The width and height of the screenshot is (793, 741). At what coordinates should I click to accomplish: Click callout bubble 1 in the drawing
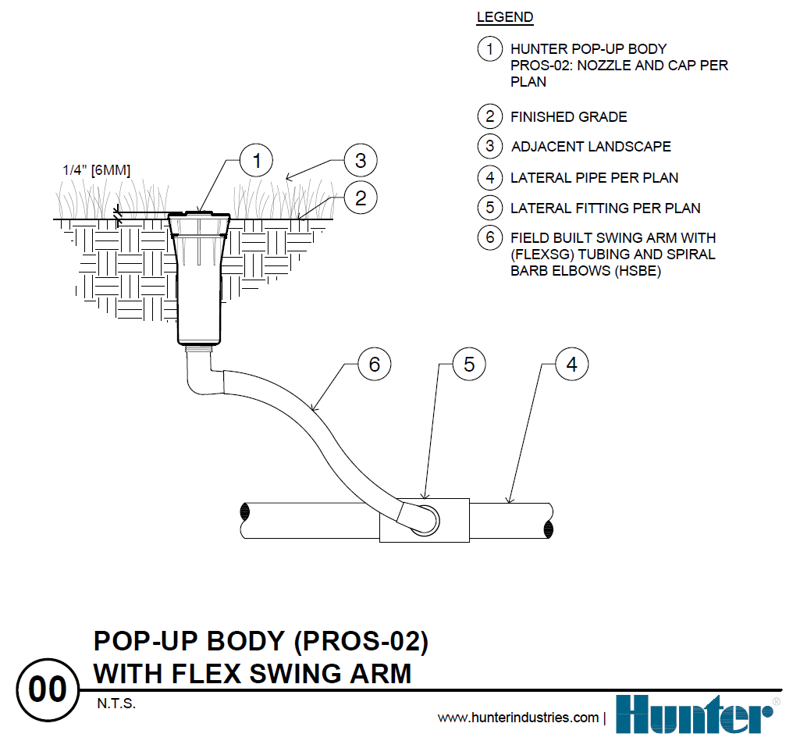coord(257,162)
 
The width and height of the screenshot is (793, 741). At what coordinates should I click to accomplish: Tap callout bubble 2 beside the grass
coord(360,198)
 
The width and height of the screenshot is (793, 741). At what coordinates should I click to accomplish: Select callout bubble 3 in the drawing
coord(360,162)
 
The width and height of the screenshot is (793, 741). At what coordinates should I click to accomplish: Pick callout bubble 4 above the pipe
coord(571,364)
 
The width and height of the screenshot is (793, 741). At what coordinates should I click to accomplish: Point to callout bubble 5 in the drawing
coord(469,364)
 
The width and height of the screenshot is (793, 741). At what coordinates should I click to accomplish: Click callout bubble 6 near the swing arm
coord(374,364)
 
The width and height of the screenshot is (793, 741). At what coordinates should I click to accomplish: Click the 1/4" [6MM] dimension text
coord(96,169)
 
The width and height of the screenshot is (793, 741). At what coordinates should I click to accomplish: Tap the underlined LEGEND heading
coord(505,17)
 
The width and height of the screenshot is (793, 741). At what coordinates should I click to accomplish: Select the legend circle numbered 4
coord(489,177)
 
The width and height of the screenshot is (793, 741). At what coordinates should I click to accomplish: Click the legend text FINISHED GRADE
coord(568,117)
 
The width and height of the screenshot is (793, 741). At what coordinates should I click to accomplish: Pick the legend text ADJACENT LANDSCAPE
coord(591,147)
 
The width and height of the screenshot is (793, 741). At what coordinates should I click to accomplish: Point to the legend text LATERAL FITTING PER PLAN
coord(605,208)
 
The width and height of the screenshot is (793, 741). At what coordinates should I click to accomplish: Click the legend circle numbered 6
coord(489,237)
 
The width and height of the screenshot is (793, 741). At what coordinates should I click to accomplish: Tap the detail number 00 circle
coord(48,689)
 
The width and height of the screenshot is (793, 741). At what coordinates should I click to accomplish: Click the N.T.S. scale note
coord(116,704)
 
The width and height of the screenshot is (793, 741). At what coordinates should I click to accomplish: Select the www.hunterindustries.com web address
coord(517,718)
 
